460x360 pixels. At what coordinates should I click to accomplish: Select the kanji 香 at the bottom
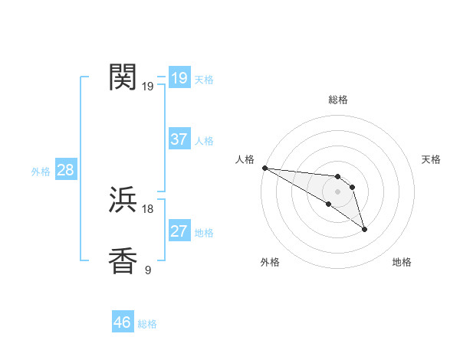123,261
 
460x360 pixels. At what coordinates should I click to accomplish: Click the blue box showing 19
179,78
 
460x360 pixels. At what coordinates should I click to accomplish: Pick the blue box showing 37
179,139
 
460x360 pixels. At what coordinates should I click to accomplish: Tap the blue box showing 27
179,231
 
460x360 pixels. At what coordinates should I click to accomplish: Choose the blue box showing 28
65,170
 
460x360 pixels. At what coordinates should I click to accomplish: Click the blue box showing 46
123,322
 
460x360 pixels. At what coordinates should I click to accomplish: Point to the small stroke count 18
148,208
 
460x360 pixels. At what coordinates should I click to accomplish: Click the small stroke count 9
148,270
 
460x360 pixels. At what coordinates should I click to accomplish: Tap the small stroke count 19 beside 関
148,86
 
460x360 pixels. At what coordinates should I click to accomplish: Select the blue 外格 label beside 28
41,172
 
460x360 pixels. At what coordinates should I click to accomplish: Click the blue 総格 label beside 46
147,324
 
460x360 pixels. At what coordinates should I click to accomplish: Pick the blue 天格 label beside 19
204,80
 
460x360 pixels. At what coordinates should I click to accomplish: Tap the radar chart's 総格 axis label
338,100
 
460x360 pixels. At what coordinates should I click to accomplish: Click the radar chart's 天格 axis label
432,159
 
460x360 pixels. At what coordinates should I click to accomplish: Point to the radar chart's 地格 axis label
402,263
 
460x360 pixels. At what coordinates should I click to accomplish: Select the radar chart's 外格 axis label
270,263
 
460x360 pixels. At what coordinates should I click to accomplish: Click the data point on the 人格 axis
264,168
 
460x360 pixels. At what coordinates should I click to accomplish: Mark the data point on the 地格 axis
364,228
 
